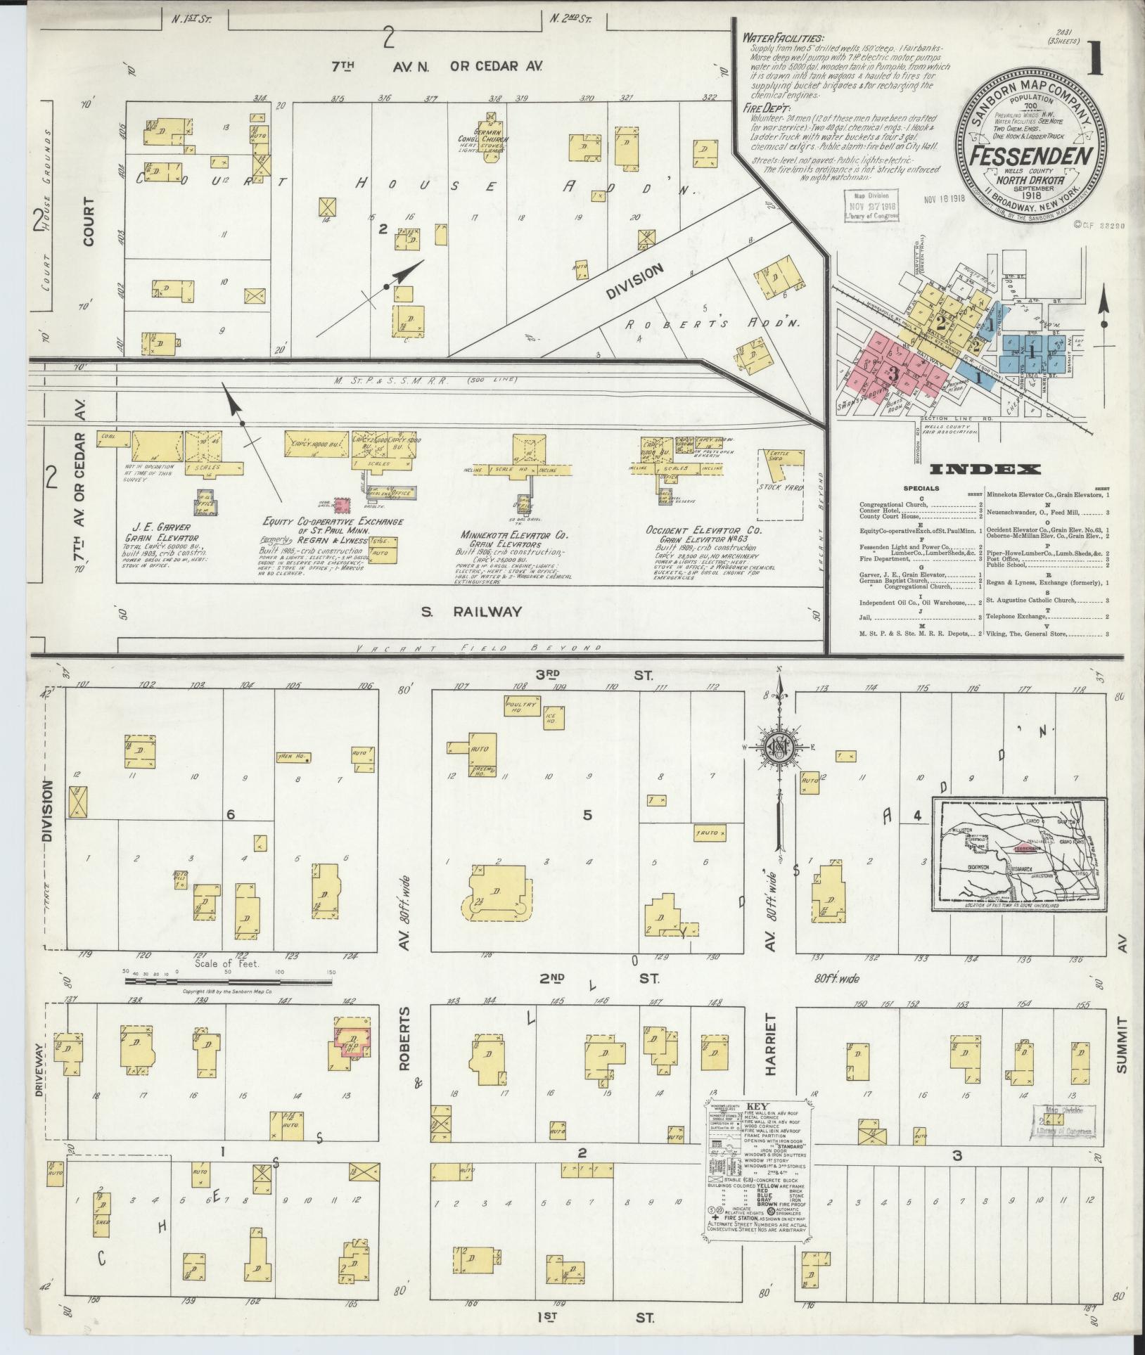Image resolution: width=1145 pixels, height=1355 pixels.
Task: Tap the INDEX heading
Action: pyautogui.click(x=985, y=470)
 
